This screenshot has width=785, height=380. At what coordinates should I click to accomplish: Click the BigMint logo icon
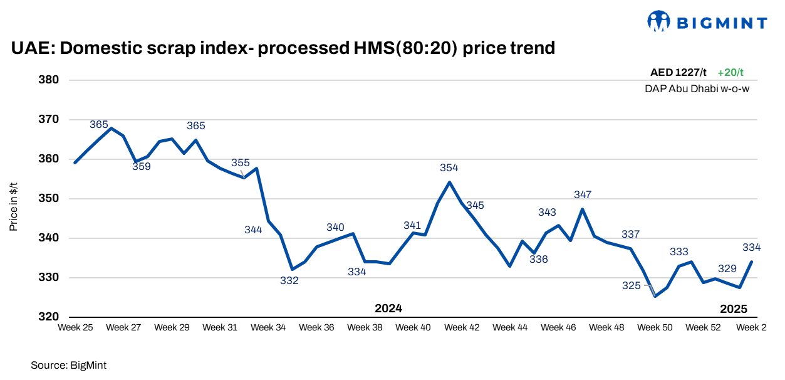[x=658, y=22]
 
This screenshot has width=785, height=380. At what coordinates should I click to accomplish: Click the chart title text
[x=283, y=48]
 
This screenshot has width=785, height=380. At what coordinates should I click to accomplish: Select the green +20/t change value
[x=730, y=73]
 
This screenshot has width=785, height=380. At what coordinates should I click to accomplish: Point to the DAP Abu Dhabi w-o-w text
[x=697, y=89]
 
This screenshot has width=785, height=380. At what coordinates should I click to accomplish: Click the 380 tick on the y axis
[x=50, y=80]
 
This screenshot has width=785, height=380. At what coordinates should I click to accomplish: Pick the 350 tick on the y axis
[x=50, y=199]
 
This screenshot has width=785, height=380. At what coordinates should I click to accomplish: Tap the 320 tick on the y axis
[x=50, y=317]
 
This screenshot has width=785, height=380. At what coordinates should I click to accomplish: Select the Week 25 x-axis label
[x=75, y=327]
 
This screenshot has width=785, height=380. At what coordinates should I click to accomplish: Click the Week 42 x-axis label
[x=462, y=327]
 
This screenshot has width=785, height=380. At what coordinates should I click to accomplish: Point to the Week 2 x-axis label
[x=751, y=327]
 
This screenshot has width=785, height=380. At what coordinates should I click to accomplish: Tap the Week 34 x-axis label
[x=269, y=327]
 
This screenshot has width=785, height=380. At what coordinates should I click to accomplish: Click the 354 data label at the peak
[x=449, y=168]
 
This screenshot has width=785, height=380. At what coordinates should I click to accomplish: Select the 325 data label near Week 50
[x=632, y=286]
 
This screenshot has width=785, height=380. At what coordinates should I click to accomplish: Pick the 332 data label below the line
[x=289, y=281]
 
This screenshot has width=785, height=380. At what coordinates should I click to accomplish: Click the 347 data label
[x=583, y=195]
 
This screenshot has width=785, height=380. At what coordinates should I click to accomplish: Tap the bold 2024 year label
[x=388, y=309]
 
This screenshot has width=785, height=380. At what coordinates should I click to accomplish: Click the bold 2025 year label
[x=734, y=309]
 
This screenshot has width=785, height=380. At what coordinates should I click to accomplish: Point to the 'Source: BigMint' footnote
[x=65, y=364]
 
